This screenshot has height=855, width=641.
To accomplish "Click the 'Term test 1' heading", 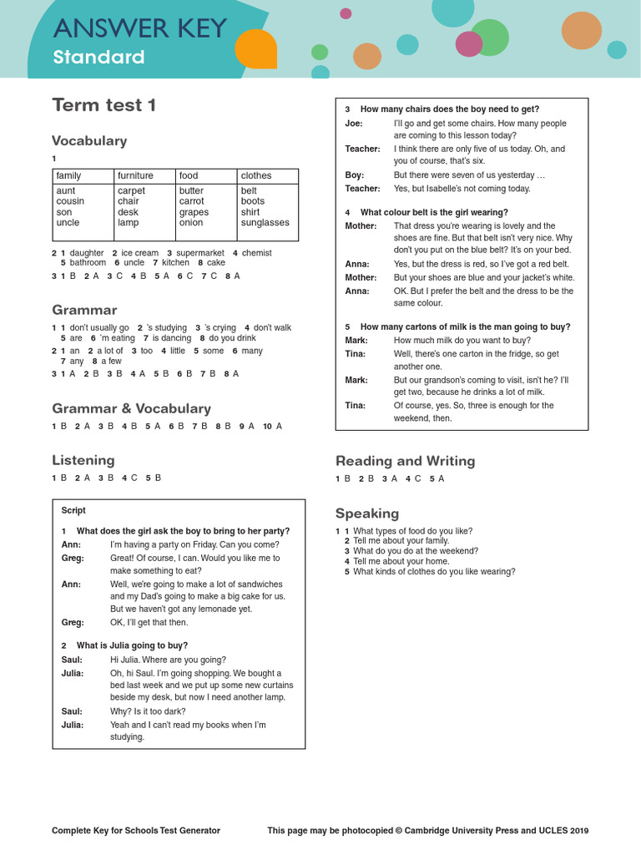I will [103, 105].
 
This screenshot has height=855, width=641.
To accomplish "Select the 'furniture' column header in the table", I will [135, 175].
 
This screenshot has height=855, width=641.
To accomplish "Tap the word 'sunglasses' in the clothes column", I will [265, 223].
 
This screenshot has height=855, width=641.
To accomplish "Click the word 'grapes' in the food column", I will [194, 212].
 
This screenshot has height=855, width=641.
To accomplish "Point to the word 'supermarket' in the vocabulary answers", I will [200, 253].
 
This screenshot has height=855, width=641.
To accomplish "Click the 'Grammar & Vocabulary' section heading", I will [131, 408].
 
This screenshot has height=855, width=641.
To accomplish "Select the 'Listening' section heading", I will [83, 460].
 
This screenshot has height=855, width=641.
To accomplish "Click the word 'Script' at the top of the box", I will [73, 510].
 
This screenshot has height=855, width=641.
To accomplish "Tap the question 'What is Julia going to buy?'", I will [132, 645].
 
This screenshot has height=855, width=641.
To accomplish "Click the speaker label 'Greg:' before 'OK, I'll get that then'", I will [73, 622].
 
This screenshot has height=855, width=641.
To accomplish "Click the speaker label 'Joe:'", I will [354, 124].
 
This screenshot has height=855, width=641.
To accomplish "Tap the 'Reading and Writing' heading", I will [405, 461].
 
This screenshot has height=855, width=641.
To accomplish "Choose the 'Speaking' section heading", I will [367, 513].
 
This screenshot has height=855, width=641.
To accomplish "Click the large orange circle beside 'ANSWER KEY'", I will [255, 49].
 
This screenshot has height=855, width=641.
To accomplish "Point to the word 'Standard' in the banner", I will [98, 58].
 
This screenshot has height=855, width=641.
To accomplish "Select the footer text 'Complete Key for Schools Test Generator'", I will [136, 831].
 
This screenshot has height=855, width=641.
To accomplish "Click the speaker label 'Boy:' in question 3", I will [355, 175].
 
